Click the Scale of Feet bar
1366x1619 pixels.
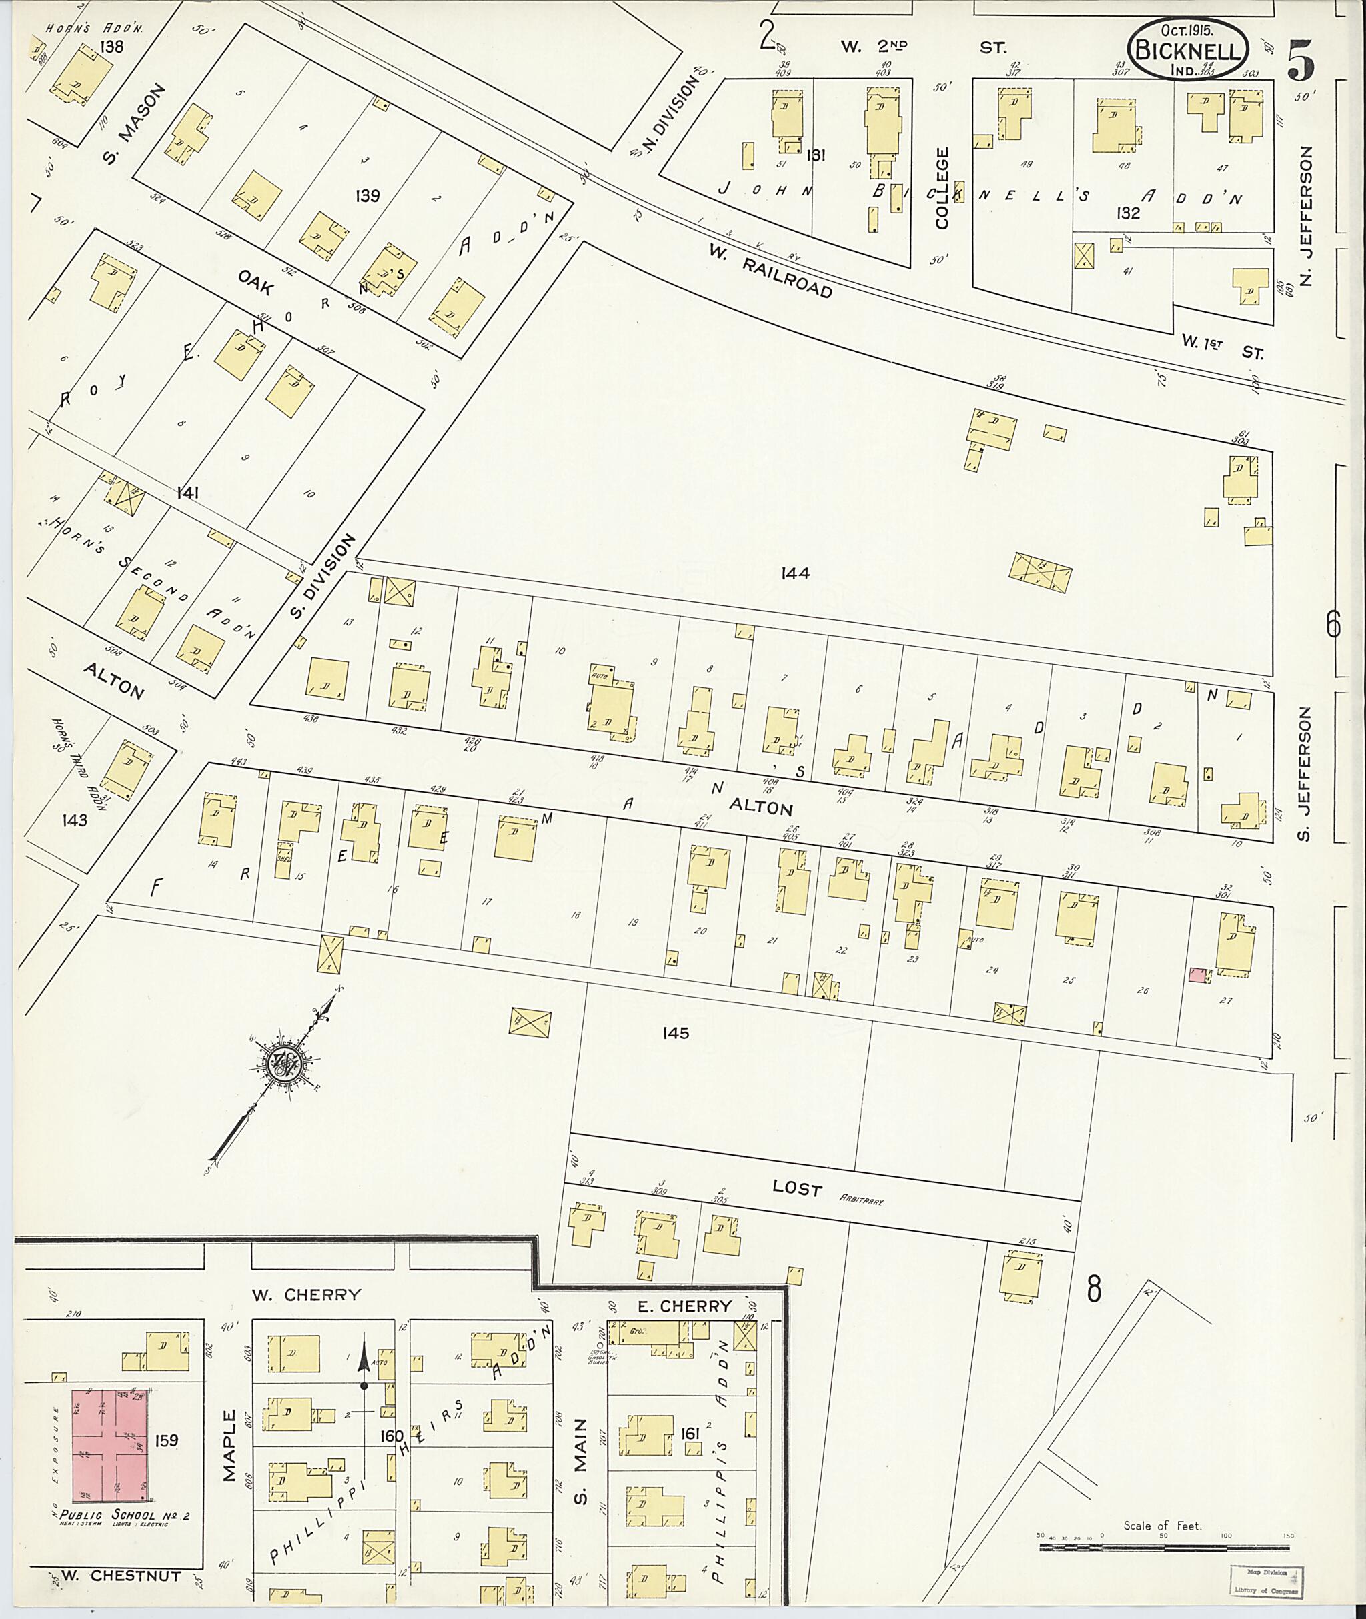tap(1164, 1548)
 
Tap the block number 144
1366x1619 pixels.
tap(795, 573)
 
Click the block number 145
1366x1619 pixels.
tap(675, 1033)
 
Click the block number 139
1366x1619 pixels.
tap(367, 196)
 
